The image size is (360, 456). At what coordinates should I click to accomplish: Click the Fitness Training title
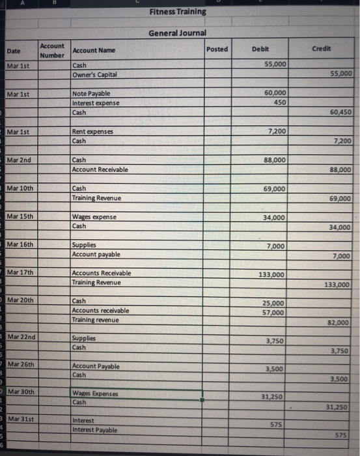(x=177, y=12)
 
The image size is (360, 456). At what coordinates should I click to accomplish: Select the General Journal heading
(x=177, y=33)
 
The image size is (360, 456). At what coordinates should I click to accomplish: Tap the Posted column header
(x=217, y=50)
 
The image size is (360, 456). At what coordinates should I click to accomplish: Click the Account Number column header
(x=52, y=50)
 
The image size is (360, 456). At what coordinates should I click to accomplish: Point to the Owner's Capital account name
(x=95, y=74)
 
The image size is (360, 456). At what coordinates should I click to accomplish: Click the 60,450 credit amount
(x=342, y=112)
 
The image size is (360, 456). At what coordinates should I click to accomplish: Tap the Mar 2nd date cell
(x=17, y=160)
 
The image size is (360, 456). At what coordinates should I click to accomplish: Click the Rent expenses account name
(x=94, y=132)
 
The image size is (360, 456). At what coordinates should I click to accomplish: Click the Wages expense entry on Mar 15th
(x=94, y=217)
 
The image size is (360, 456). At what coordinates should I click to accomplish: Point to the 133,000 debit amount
(x=271, y=275)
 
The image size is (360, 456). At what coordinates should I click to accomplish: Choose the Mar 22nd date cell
(x=21, y=337)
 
